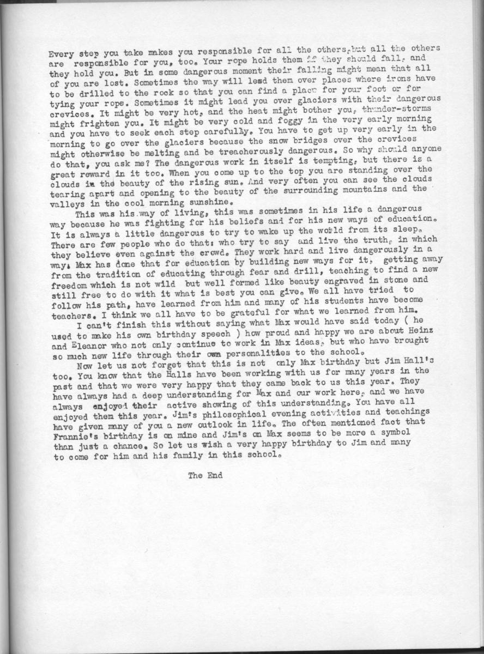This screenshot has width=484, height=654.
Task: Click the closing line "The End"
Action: pos(205,475)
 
